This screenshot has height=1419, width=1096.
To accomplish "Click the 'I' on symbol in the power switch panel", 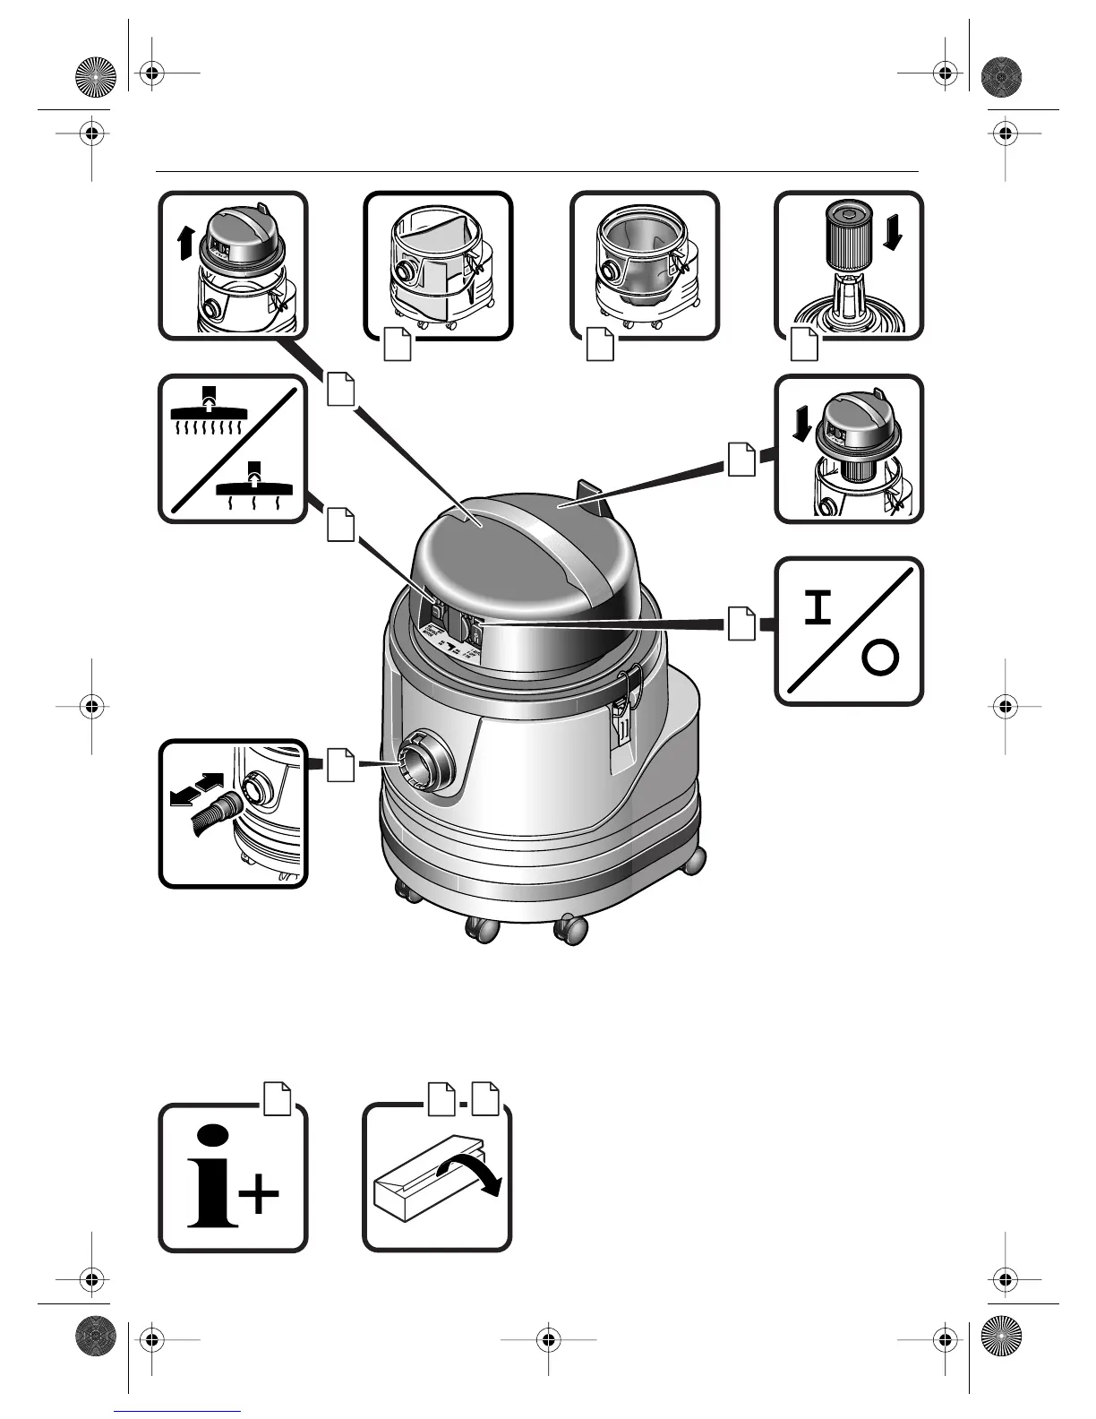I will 816,610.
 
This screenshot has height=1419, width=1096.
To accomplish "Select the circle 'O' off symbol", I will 879,660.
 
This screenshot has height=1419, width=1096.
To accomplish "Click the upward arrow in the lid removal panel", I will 185,242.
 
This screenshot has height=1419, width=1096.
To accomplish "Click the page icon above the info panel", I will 278,1098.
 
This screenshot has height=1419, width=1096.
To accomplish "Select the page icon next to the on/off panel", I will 741,623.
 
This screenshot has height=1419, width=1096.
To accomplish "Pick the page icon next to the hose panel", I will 339,763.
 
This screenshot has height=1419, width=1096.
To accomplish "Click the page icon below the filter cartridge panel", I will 804,345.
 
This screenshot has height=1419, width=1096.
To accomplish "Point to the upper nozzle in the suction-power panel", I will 210,409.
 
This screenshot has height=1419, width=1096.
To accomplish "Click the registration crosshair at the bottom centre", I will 548,1340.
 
